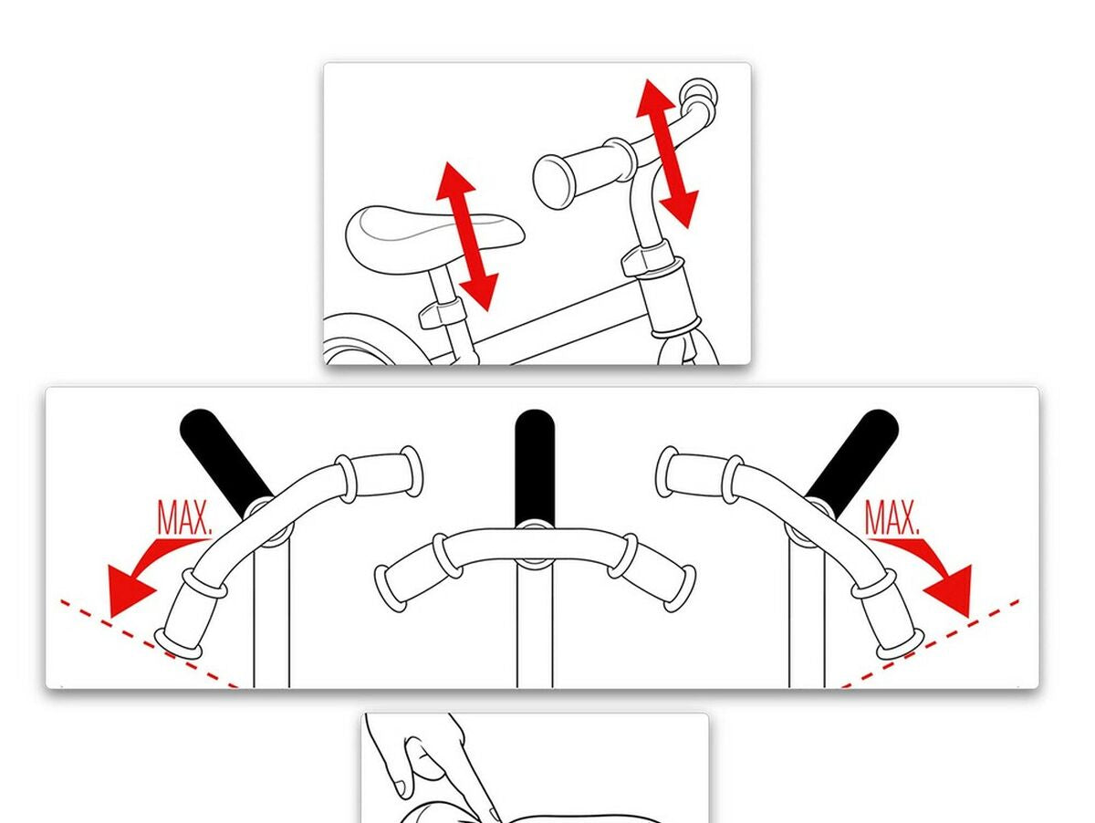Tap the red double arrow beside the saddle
click(467, 236)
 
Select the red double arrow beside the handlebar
click(667, 153)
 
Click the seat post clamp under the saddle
click(442, 314)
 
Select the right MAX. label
click(892, 518)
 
